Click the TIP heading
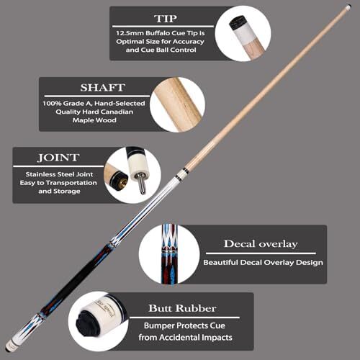pos(166,19)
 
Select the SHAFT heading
pos(103,88)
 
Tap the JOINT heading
pos(58,158)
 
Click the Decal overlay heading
pos(261,244)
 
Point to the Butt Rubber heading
pos(182,308)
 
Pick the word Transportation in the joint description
pos(71,183)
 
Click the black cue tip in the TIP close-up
pos(238,23)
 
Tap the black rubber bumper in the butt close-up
pos(88,323)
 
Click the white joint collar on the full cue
pos(181,174)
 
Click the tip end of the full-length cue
pos(348,7)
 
